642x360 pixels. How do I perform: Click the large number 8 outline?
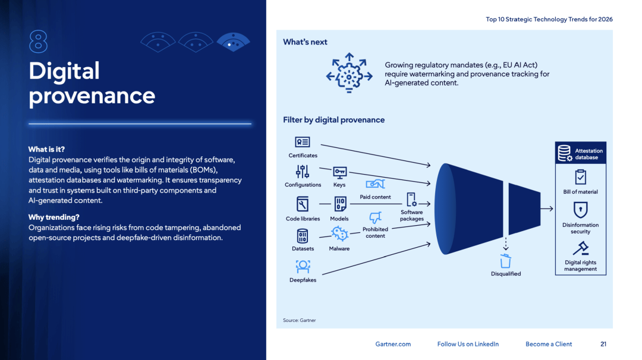point(38,42)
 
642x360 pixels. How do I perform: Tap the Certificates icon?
point(303,143)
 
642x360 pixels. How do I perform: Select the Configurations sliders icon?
point(303,172)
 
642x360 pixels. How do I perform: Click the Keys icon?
point(339,172)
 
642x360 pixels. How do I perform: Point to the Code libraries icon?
point(303,204)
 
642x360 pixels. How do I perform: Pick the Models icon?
point(339,204)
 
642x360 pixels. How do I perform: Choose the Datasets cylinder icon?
point(303,236)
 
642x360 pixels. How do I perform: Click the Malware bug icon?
point(339,233)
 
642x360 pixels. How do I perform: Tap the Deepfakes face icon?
point(303,266)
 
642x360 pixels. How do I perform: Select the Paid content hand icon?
point(375,184)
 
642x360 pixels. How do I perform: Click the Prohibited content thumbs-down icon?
point(375,217)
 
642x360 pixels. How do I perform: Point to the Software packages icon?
point(411,200)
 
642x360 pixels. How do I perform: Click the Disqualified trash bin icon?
point(506,261)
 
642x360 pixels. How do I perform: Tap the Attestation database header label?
point(588,154)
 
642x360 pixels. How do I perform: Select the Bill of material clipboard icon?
point(581,177)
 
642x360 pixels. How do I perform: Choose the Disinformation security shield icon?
point(581,210)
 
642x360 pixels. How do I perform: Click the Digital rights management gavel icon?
point(581,248)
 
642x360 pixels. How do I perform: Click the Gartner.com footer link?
point(393,344)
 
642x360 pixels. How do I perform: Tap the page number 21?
point(603,344)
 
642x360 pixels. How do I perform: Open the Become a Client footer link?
point(549,344)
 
